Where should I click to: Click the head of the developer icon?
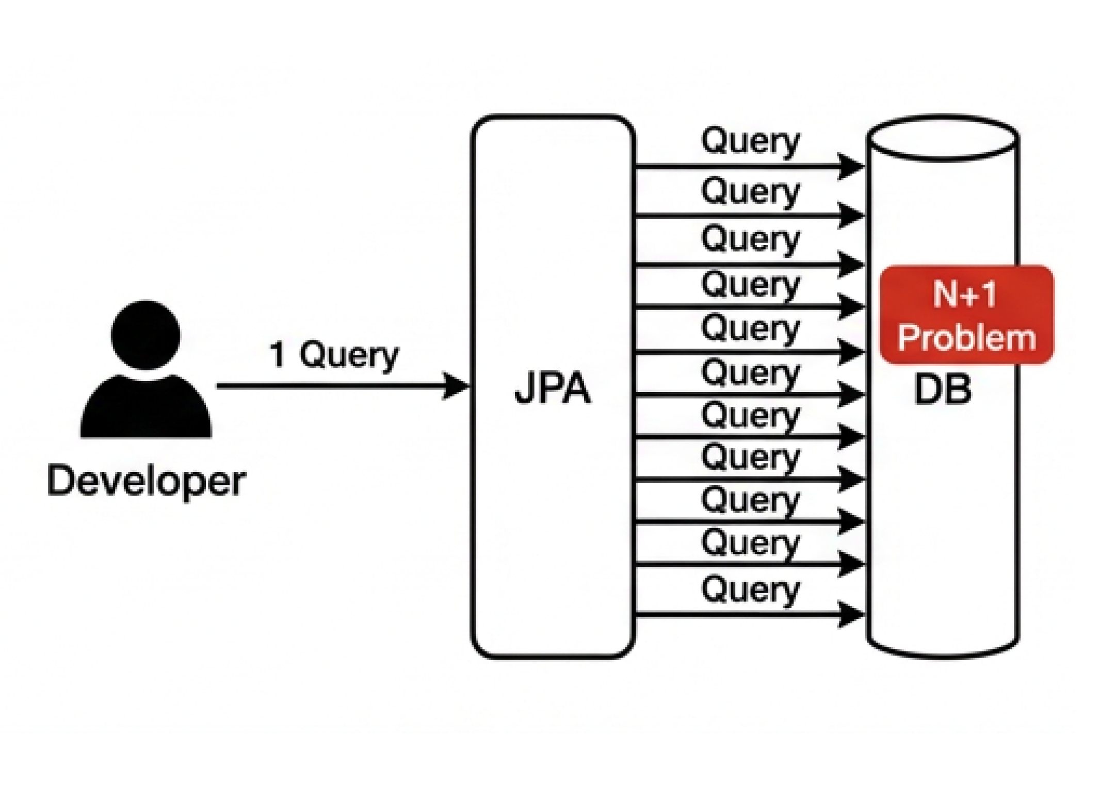146,335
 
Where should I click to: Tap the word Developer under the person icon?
146,481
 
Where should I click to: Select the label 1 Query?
334,355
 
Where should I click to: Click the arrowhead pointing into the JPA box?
456,386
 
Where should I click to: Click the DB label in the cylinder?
942,389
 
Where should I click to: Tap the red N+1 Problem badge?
966,315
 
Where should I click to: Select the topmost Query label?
750,141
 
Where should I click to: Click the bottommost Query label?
750,589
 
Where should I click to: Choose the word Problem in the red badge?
966,338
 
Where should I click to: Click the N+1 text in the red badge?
964,294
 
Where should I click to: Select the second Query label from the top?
750,191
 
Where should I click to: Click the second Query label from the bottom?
750,543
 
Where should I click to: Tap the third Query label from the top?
750,239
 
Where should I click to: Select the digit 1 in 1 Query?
278,354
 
